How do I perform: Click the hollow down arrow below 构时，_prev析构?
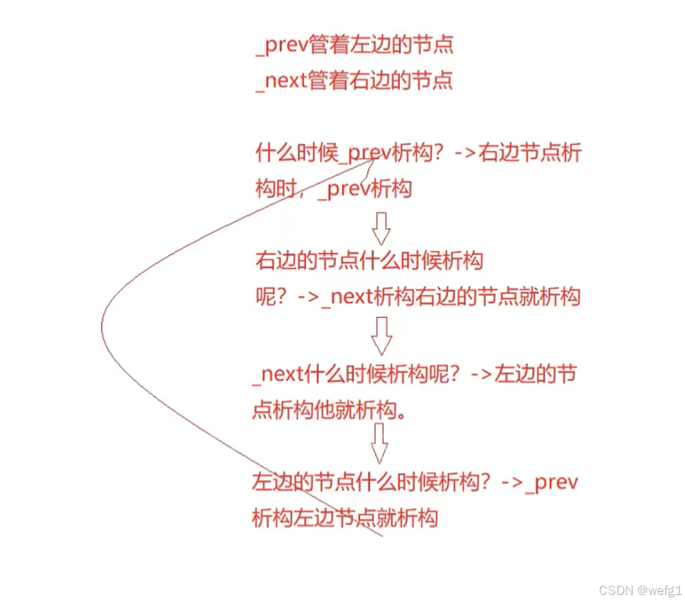coord(380,228)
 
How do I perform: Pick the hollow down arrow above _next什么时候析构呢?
coord(380,335)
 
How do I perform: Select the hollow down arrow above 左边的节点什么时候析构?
coord(380,443)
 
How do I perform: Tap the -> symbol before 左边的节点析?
coord(482,375)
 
